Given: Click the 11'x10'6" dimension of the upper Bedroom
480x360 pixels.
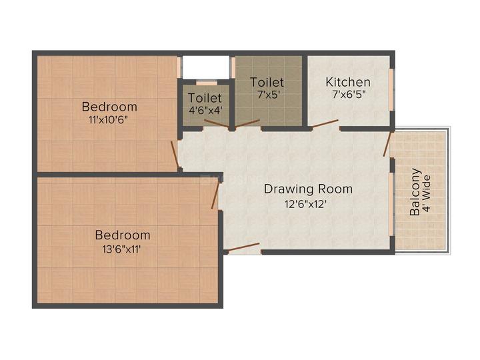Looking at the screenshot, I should [x=109, y=120].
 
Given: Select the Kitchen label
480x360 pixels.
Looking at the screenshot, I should [x=348, y=82].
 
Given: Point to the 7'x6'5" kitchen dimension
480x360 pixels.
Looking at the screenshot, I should [x=348, y=95].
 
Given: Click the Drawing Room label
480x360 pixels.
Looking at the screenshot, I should [x=308, y=189].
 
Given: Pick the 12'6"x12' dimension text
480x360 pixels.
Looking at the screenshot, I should [x=308, y=204].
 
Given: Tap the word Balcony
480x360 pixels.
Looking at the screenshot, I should [x=415, y=193].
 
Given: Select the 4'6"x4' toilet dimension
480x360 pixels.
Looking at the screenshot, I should [x=205, y=111].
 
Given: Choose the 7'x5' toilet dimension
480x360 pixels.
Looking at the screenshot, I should [x=267, y=95].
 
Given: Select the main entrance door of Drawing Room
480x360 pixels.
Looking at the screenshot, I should [x=243, y=249].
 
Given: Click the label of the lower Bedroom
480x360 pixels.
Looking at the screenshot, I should [x=122, y=235].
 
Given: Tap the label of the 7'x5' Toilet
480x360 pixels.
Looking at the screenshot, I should [x=267, y=82].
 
